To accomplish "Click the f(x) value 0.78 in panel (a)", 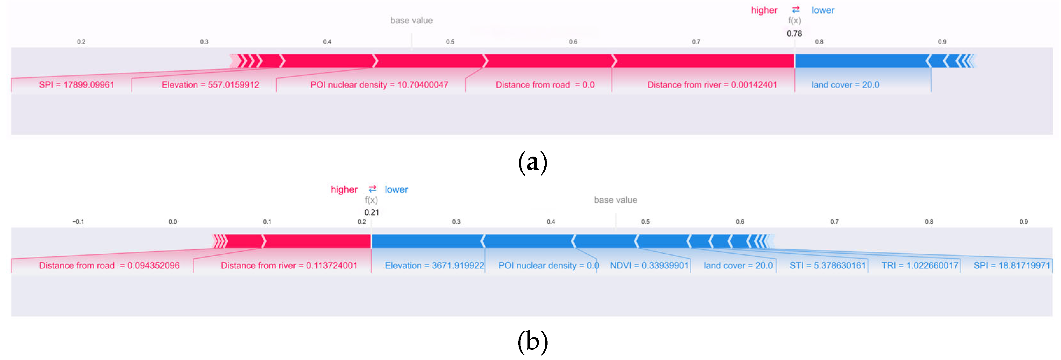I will point(794,33).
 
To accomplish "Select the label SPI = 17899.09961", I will point(76,85).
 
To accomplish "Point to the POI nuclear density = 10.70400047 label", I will point(379,85).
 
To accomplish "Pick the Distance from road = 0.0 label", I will point(545,85).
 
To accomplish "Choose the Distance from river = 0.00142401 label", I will point(712,85).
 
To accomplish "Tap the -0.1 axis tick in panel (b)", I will point(78,222).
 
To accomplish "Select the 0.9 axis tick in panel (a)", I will point(942,42).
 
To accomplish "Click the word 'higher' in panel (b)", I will point(344,189).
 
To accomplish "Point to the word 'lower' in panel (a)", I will point(822,10).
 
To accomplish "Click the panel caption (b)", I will point(532,342).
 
